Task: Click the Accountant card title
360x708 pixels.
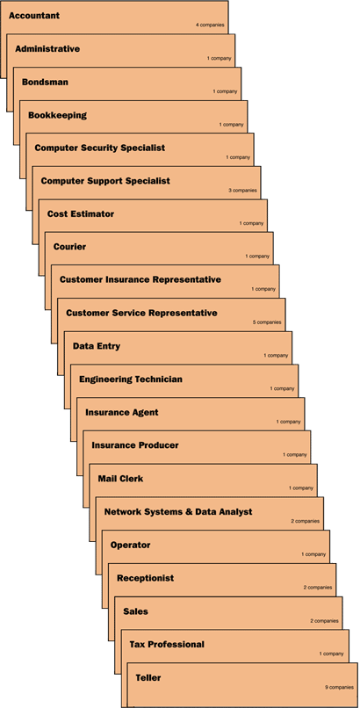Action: coord(34,16)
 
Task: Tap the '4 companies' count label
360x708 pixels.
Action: coord(210,25)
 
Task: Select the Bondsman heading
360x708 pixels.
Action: coord(45,83)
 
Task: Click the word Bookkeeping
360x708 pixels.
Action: coord(57,115)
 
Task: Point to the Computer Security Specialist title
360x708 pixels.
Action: coord(100,148)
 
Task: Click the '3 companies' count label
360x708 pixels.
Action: coord(242,191)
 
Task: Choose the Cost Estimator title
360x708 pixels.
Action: coord(81,214)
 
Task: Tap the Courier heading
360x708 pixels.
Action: coord(69,247)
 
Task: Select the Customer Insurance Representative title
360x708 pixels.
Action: coord(140,279)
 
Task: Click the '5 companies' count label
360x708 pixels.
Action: coord(267,322)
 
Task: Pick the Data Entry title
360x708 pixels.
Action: coord(97,346)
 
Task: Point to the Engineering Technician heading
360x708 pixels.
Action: coord(131,379)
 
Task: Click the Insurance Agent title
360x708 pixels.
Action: coord(122,412)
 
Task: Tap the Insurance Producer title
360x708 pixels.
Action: coord(135,445)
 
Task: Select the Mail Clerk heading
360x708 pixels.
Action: coord(120,479)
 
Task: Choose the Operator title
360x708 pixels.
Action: coord(130,545)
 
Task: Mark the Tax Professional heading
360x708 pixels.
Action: coord(167,645)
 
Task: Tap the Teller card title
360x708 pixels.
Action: coord(148,678)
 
